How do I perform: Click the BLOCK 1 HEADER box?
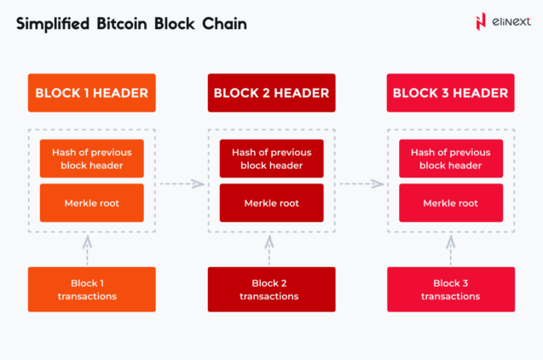coord(92,93)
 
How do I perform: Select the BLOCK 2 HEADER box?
coord(271,93)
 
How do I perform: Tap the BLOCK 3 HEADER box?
coord(451,93)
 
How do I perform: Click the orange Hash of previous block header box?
coord(92,159)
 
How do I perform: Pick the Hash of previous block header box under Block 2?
coord(271,159)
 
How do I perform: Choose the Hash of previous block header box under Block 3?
coord(451,159)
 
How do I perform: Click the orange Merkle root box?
coord(92,203)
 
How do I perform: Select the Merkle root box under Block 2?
coord(271,203)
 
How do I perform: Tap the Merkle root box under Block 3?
coord(451,203)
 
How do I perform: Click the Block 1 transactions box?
coord(92,289)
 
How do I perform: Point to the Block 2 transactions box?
coord(271,289)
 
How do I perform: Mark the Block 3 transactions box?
coord(451,289)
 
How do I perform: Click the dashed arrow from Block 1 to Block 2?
coord(182,183)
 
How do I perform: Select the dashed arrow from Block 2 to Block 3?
coord(362,183)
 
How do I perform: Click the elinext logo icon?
coord(481,22)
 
